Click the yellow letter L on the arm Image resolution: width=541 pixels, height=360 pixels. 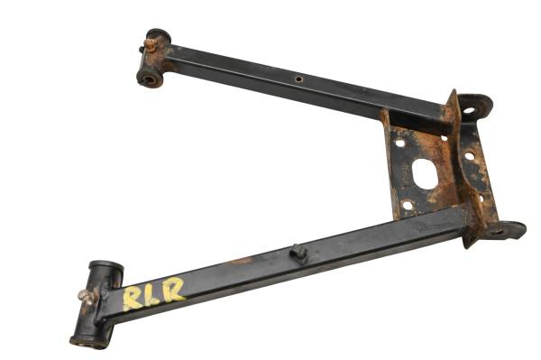(153, 293)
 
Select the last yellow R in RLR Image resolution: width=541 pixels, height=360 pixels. (173, 289)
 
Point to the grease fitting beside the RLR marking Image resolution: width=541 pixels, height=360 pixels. (87, 296)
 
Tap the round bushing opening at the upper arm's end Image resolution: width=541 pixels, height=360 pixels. (148, 78)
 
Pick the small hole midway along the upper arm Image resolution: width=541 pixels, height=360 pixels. (298, 79)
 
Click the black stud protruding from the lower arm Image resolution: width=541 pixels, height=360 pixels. (298, 254)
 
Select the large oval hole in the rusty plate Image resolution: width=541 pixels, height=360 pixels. (426, 173)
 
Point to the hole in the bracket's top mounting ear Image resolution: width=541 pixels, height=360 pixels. (468, 111)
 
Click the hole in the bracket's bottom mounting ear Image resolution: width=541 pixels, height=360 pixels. (497, 232)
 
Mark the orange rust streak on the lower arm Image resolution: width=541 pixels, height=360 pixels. (242, 262)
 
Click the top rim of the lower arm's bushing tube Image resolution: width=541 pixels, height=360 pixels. (105, 268)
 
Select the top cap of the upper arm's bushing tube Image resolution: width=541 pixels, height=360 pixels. (158, 34)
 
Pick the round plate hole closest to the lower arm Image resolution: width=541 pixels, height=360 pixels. (408, 205)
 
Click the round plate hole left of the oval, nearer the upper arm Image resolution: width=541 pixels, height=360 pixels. (399, 143)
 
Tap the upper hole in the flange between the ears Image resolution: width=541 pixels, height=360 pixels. (469, 156)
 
